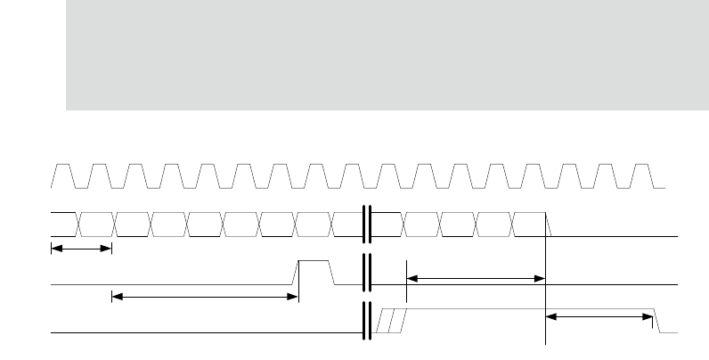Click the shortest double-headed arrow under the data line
(x=81, y=248)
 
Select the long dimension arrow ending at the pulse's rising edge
(x=204, y=297)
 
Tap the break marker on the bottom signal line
(x=365, y=321)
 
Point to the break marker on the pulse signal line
(x=365, y=270)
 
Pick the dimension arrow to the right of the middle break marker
(x=475, y=278)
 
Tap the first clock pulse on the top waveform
(x=65, y=176)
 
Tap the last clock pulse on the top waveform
(x=642, y=176)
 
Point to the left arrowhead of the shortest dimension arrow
(x=53, y=248)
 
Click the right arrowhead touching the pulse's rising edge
(x=293, y=297)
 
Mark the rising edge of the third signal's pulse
(x=297, y=271)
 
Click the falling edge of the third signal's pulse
(x=332, y=271)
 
